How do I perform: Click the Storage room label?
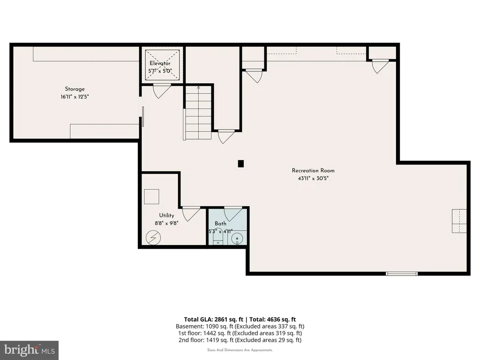(x=75, y=89)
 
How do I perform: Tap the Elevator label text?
(x=160, y=63)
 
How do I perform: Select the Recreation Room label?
(x=313, y=171)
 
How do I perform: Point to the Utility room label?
(x=166, y=216)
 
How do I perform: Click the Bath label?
(x=220, y=224)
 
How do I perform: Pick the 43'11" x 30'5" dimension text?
(x=313, y=178)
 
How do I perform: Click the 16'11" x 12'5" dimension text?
(x=75, y=97)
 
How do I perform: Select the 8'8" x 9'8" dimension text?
(x=166, y=223)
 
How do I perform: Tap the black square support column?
(x=241, y=164)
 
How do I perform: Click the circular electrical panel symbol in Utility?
(x=153, y=238)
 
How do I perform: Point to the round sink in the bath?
(x=237, y=239)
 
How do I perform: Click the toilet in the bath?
(x=218, y=238)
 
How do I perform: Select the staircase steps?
(x=198, y=112)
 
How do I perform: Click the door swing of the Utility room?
(x=191, y=213)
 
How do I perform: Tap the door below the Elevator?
(x=162, y=90)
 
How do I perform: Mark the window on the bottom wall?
(x=402, y=273)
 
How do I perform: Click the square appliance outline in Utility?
(x=151, y=196)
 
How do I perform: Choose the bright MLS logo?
(x=29, y=350)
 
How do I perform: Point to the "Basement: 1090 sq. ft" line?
(x=204, y=326)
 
